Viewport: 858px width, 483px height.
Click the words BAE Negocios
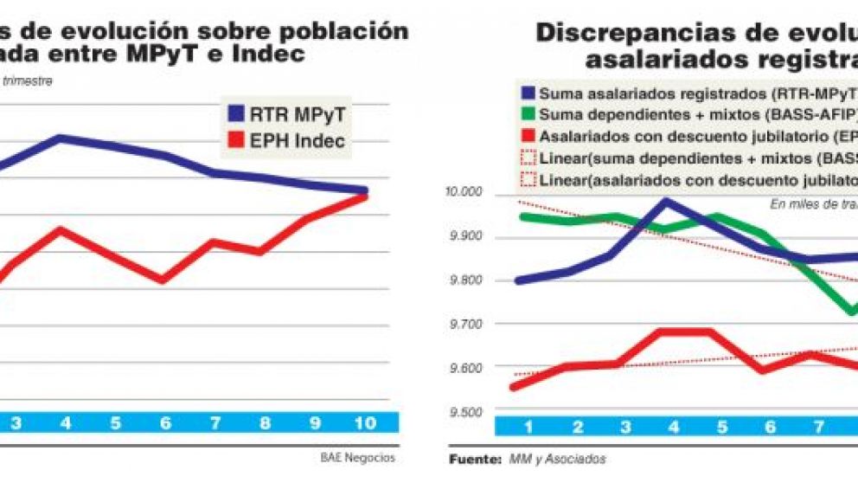(x=363, y=458)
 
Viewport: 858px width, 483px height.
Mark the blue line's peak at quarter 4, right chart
(x=665, y=201)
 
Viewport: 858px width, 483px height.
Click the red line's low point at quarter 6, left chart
(x=163, y=280)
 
